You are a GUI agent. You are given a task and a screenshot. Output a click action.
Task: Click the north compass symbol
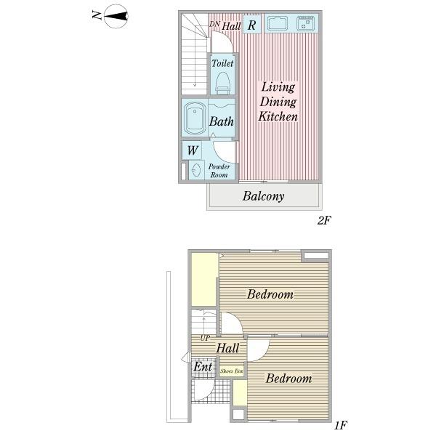point(116,16)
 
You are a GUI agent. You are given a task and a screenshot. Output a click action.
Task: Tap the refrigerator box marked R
point(252,24)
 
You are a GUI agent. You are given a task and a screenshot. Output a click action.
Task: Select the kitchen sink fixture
point(278,23)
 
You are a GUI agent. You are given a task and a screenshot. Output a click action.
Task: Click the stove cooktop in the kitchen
point(305,23)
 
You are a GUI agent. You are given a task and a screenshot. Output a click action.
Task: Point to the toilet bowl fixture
point(223,83)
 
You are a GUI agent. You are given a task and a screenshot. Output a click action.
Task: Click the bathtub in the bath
point(195,118)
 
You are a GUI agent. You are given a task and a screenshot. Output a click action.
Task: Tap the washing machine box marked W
point(192,150)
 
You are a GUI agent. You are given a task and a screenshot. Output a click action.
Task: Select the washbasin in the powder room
point(197,170)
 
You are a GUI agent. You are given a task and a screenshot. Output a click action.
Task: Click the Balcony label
point(263,196)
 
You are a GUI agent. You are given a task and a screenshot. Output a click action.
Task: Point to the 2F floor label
point(324,220)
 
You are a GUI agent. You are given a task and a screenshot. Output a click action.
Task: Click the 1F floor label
point(341,425)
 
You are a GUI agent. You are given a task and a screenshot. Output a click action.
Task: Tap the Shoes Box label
point(232,371)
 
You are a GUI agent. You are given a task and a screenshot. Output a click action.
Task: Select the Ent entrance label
point(203,366)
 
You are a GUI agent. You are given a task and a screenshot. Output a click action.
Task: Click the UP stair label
point(205,338)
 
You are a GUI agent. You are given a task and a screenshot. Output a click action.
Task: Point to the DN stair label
point(214,24)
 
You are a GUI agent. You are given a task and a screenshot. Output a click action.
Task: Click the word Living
point(278,87)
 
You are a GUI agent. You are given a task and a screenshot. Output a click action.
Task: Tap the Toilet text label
point(222,63)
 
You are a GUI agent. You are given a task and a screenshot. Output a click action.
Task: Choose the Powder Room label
point(219,171)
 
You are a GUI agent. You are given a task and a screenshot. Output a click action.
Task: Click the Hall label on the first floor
point(227,348)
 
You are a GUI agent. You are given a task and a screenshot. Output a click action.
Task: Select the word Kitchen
point(278,116)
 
